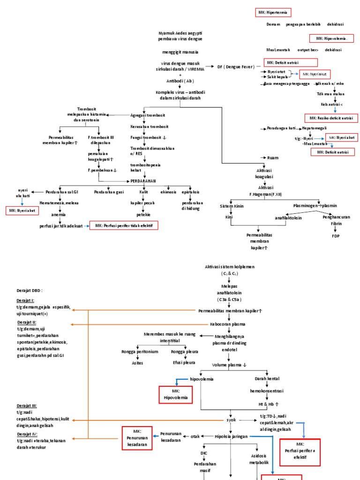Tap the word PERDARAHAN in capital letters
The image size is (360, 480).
click(142, 180)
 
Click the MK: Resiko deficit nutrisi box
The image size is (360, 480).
click(330, 118)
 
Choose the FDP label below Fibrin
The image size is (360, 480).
click(336, 236)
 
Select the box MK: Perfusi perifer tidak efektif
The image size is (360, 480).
click(124, 225)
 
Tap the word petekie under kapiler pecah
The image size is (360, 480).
click(143, 214)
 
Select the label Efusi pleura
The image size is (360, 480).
click(183, 362)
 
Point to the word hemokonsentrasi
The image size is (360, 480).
click(266, 391)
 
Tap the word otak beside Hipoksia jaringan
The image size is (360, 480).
click(195, 436)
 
